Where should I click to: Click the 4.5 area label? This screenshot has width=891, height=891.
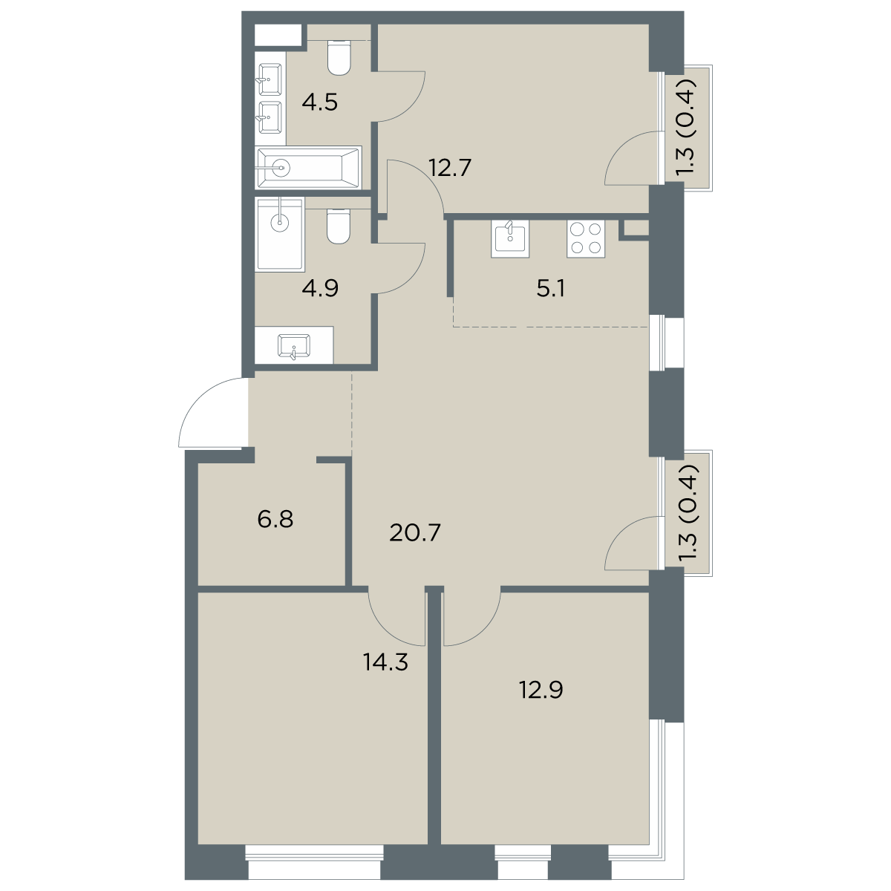pos(319,102)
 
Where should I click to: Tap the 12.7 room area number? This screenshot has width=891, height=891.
pos(450,167)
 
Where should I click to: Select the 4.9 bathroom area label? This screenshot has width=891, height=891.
pos(320,289)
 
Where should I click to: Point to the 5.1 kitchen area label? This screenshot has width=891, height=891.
pos(551,289)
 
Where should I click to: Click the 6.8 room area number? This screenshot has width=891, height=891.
pos(275,519)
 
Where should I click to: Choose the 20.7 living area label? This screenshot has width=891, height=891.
pos(415,533)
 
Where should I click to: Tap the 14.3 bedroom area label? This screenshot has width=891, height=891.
pos(385,662)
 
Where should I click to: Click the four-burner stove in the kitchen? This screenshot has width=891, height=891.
pos(585,238)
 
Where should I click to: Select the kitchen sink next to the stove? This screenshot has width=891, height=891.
pos(510,238)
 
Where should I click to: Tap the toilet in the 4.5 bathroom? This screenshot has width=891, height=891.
pos(339,57)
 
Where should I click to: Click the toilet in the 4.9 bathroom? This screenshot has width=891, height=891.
pos(339,226)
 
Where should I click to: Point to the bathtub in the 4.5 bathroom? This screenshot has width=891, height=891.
pos(308,168)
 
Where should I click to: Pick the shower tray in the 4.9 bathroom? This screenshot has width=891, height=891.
pos(280,233)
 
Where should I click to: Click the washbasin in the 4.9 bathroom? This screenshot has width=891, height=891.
pos(294,346)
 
